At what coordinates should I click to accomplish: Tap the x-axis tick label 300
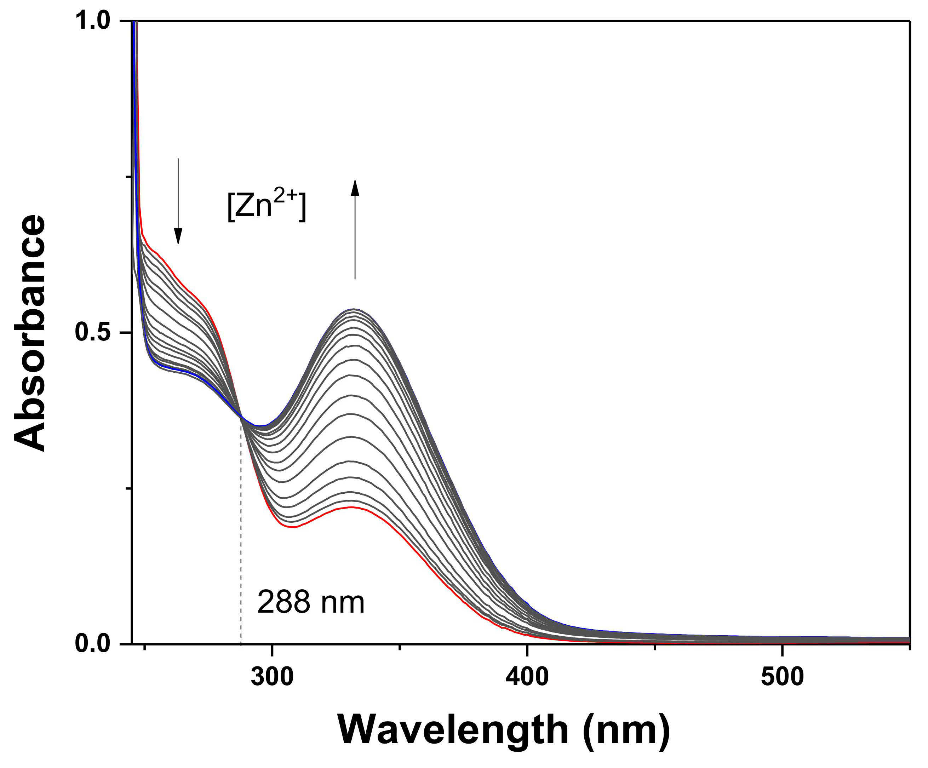pos(272,677)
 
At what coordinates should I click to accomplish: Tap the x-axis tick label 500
pos(782,677)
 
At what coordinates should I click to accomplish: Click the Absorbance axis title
pos(30,334)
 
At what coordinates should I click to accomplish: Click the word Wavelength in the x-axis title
pos(453,730)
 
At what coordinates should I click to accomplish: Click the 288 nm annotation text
pos(311,602)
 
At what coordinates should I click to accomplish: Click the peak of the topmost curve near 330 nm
pos(354,309)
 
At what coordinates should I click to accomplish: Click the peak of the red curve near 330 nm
pos(351,507)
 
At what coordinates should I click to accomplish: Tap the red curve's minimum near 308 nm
pos(293,528)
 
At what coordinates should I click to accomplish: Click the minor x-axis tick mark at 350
pos(400,648)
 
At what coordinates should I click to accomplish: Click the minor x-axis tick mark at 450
pos(655,648)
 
